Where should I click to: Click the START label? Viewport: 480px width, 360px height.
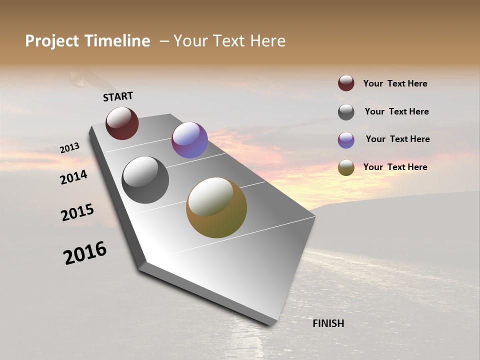118,96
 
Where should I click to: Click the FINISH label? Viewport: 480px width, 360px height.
328,323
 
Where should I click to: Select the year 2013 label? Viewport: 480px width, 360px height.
70,148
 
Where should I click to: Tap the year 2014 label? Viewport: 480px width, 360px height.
74,177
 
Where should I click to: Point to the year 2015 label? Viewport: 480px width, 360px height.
77,212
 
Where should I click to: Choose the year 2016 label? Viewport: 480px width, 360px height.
85,253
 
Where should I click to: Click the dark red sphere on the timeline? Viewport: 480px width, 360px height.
122,123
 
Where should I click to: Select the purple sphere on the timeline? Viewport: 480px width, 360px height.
189,140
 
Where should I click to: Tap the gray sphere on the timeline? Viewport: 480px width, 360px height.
145,180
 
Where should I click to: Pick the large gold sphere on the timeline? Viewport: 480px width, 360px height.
216,207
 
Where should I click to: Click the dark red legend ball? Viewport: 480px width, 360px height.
346,83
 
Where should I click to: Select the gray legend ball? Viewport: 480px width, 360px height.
346,112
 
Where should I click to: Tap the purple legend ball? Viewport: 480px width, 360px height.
346,140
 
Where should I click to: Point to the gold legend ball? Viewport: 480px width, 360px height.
346,167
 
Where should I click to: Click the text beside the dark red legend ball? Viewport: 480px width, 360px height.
395,84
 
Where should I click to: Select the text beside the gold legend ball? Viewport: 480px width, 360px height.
395,167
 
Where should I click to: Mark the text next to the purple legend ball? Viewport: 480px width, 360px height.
397,139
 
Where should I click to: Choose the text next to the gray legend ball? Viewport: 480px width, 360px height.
396,111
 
